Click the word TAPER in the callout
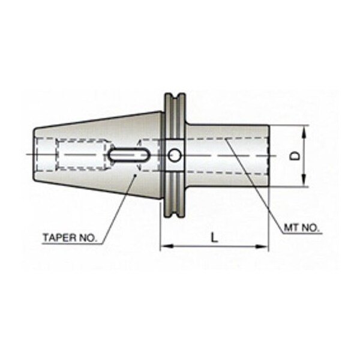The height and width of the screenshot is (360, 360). click(58, 237)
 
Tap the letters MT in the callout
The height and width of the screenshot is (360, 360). click(290, 229)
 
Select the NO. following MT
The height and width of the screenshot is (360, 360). click(311, 229)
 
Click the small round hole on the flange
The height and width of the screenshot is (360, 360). click(174, 155)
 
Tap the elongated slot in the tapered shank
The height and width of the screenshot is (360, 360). click(129, 155)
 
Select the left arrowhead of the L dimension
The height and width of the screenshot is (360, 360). click(164, 245)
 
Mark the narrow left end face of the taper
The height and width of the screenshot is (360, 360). click(32, 155)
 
